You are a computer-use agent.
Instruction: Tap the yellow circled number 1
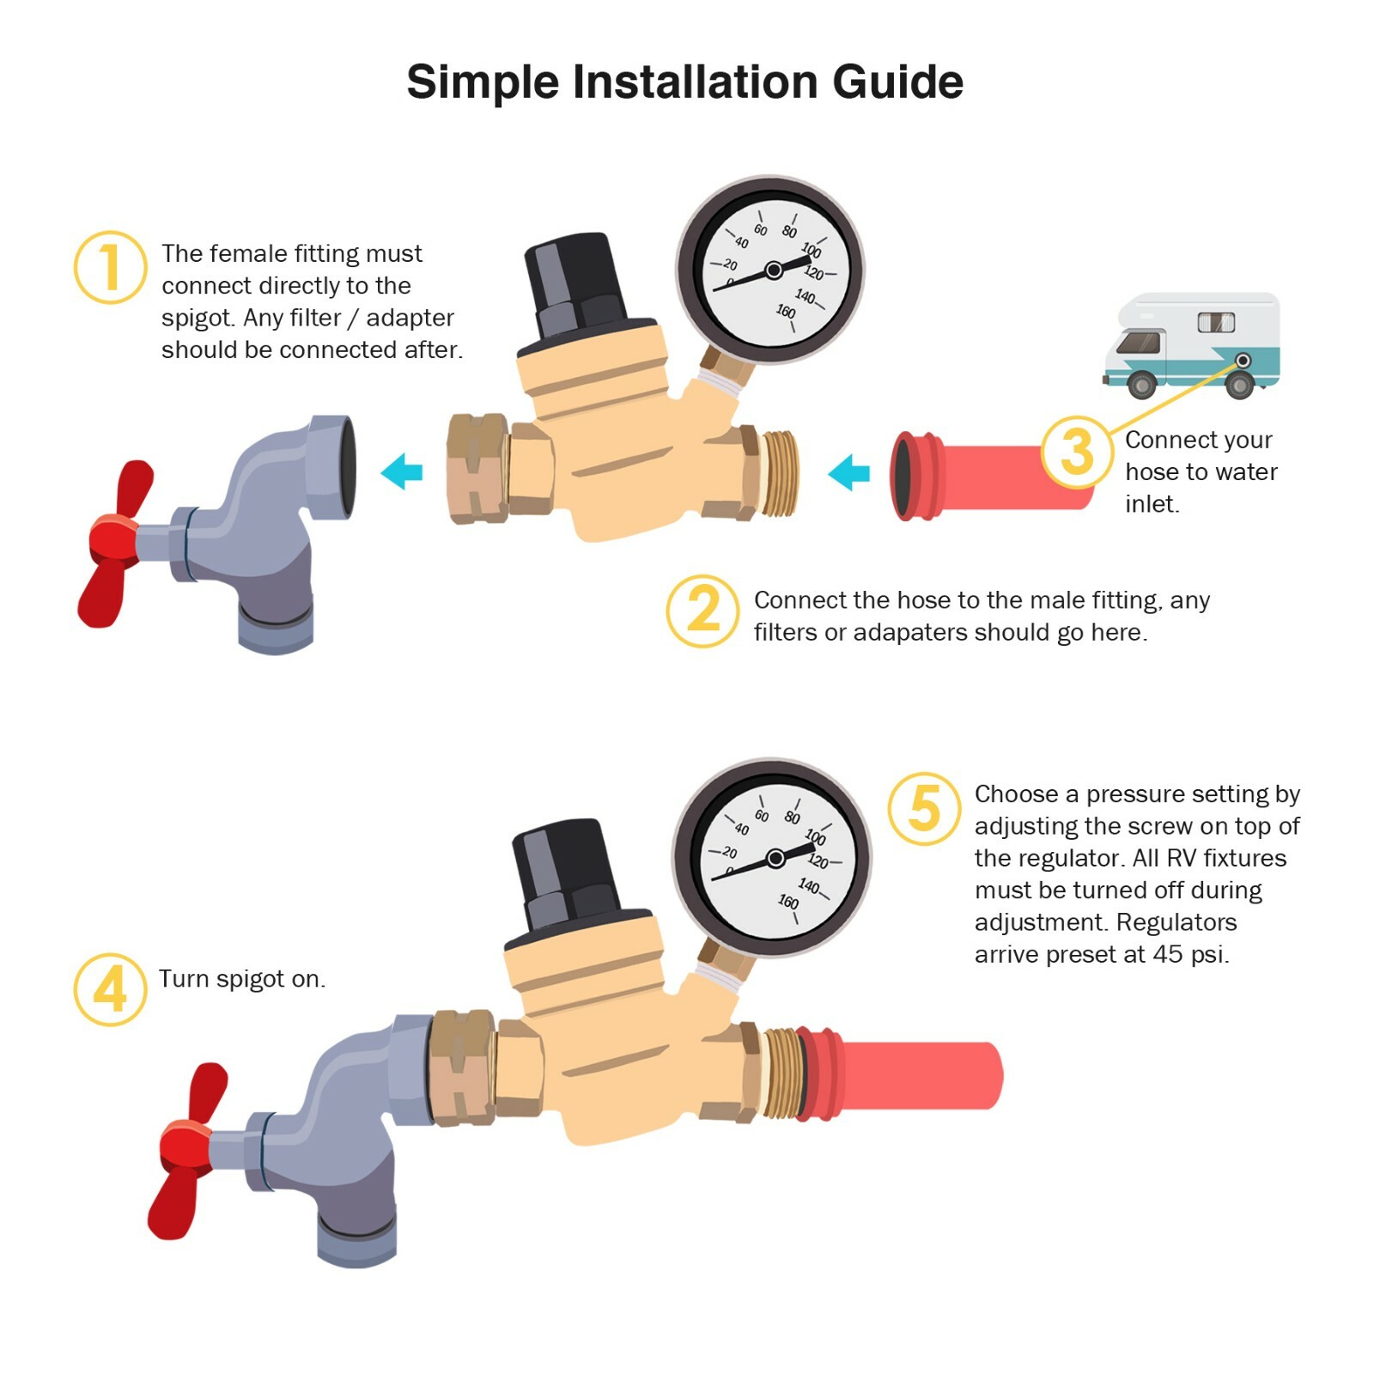pyautogui.click(x=110, y=267)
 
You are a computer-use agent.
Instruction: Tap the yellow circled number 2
pyautogui.click(x=702, y=611)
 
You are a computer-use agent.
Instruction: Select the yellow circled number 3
pyautogui.click(x=1077, y=452)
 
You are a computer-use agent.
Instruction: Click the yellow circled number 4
pyautogui.click(x=110, y=988)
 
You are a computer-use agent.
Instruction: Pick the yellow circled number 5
pyautogui.click(x=923, y=807)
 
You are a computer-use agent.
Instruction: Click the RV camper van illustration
pyautogui.click(x=1193, y=345)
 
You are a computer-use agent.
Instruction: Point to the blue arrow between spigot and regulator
pyautogui.click(x=402, y=471)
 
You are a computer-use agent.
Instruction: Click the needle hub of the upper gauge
pyautogui.click(x=773, y=271)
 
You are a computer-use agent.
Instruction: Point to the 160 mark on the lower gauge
pyautogui.click(x=787, y=902)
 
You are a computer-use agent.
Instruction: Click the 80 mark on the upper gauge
pyautogui.click(x=789, y=231)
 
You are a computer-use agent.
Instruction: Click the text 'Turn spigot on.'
pyautogui.click(x=242, y=979)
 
